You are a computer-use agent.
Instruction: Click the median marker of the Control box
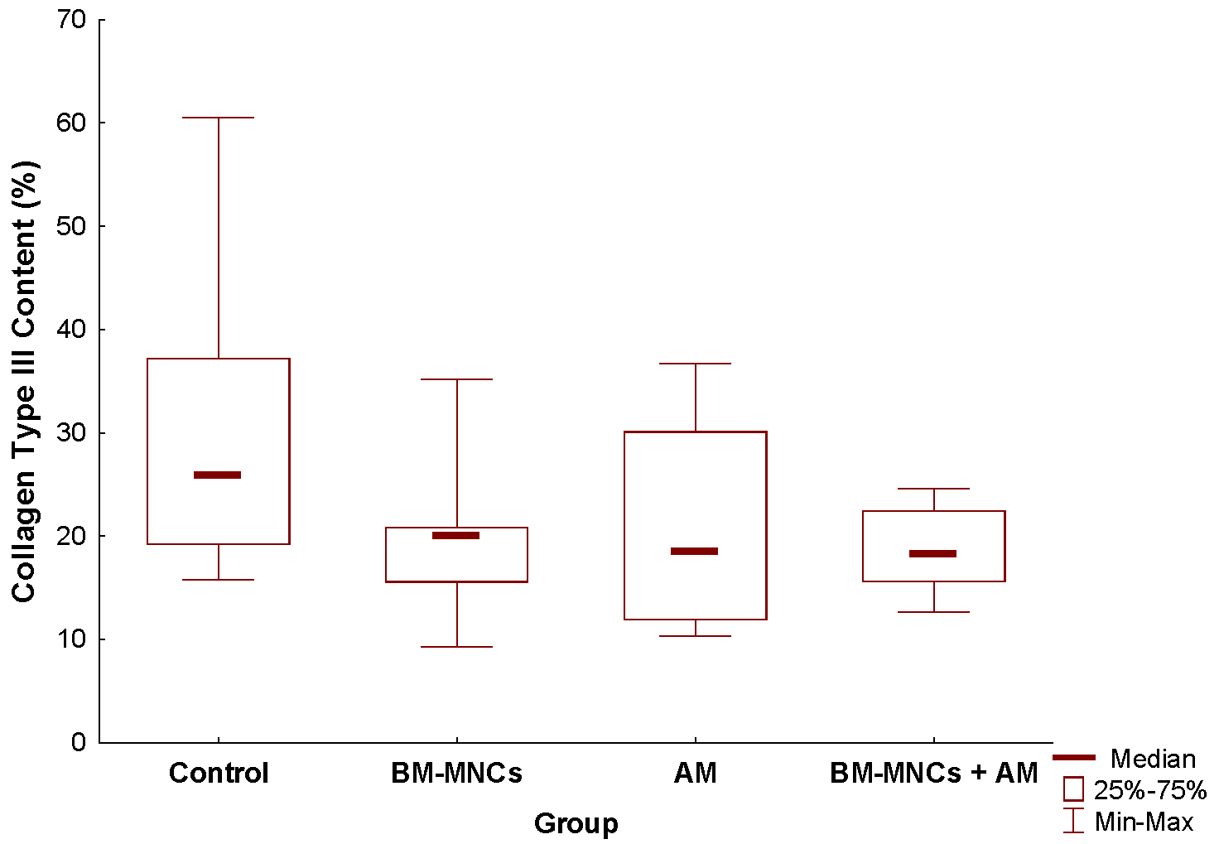tap(218, 475)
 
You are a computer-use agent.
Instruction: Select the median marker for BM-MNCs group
tap(456, 536)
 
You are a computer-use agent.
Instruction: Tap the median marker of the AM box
tap(695, 552)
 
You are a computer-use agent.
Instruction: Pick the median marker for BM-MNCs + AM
tap(933, 554)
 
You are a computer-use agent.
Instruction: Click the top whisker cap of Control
tap(218, 118)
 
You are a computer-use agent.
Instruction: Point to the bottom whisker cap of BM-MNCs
tap(456, 647)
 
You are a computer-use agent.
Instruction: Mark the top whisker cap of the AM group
tap(695, 364)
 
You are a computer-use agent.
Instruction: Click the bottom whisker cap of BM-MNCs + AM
tap(933, 612)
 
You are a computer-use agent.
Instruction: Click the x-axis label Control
tap(219, 773)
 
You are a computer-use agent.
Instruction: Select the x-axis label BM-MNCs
tap(456, 773)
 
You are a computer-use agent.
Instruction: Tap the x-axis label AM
tap(695, 773)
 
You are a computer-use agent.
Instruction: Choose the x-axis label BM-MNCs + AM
tap(933, 773)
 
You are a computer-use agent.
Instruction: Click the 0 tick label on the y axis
tap(79, 742)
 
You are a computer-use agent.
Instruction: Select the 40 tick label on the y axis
tap(72, 330)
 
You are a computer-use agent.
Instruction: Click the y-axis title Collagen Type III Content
tap(25, 381)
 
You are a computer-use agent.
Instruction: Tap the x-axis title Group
tap(576, 823)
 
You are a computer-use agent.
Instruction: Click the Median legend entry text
tap(1153, 759)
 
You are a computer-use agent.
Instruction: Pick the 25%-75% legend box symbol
tap(1073, 789)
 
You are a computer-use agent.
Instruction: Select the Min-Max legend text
tap(1144, 822)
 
